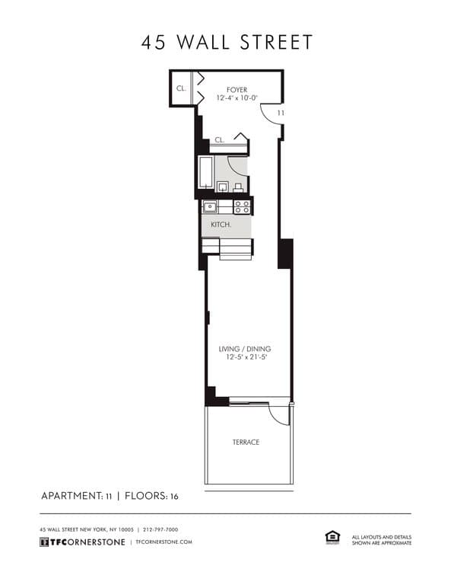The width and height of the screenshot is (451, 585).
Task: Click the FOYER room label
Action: tap(237, 90)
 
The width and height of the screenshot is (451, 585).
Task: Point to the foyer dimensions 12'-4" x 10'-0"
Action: tap(237, 97)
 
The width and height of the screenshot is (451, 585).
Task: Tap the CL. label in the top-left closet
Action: tap(181, 88)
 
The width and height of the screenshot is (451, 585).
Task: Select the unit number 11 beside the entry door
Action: tap(281, 113)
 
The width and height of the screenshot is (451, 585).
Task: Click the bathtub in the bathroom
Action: tap(206, 174)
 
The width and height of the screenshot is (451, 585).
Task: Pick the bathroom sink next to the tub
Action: tap(223, 187)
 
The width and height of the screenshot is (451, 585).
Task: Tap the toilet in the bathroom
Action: tap(239, 187)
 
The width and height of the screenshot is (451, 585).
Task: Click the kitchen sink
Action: tap(210, 206)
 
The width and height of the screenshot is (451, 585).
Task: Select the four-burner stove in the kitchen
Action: tap(242, 206)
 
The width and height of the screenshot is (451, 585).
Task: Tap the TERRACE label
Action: tap(246, 442)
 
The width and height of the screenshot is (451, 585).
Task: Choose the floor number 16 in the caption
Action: tap(174, 497)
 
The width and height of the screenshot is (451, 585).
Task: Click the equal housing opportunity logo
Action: tap(332, 537)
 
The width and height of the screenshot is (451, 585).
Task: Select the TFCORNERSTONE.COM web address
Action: tap(164, 542)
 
